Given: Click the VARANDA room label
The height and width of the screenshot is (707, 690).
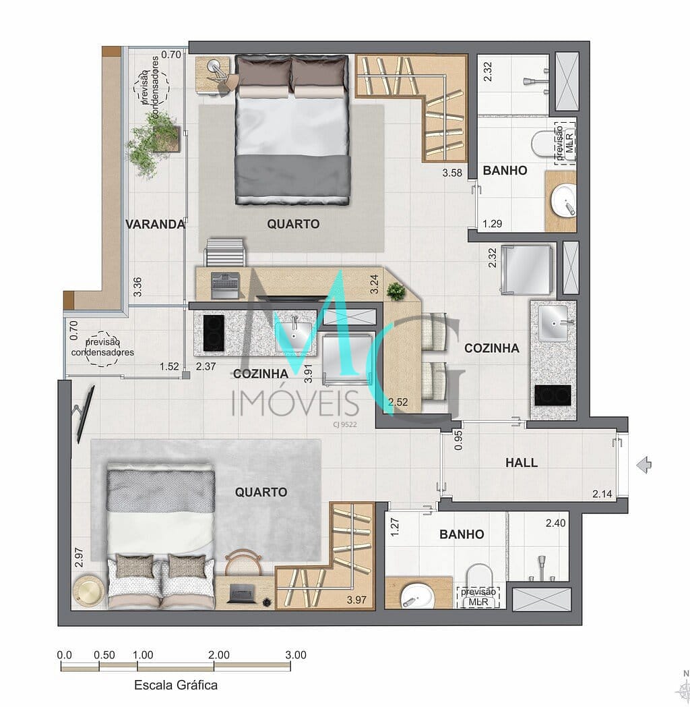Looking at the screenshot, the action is [x=155, y=224].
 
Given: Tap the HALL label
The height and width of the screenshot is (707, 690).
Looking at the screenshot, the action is [x=522, y=463].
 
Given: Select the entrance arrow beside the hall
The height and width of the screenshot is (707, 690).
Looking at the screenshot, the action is [x=644, y=465].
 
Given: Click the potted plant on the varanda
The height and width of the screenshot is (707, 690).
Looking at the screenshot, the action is [x=152, y=141].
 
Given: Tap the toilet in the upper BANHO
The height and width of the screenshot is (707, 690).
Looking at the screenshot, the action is [x=543, y=144].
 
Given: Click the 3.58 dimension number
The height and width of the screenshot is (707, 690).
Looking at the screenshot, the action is [x=452, y=173].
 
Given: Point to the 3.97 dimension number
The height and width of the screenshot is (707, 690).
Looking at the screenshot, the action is [x=356, y=600].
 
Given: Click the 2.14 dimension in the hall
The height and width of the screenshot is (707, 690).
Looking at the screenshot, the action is [x=602, y=494].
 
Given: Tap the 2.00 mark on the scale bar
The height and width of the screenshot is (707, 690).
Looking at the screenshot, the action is [x=219, y=654].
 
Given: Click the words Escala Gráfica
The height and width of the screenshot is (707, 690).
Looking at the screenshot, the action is [x=176, y=685].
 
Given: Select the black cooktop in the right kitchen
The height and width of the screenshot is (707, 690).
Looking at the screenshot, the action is [x=553, y=395].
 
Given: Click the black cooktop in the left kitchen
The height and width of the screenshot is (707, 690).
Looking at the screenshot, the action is [x=214, y=333].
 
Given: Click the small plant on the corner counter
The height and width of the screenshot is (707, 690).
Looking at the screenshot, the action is [x=396, y=291].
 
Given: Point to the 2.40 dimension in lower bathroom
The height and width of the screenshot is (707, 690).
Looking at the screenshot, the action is [x=555, y=523].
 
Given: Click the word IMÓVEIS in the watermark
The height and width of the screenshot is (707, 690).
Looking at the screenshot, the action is [x=295, y=403].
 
